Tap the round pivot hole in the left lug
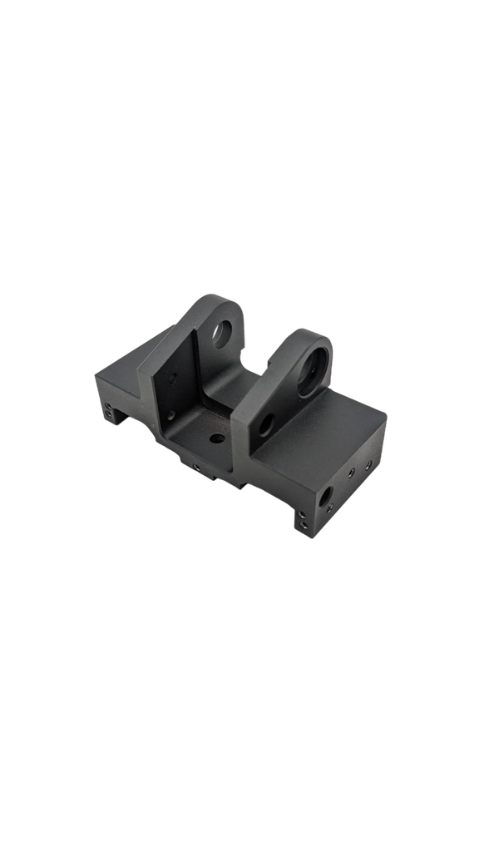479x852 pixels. [222, 333]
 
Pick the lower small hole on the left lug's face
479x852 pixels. [171, 414]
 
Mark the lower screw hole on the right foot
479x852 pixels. [304, 525]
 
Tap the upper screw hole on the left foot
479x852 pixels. [109, 406]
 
